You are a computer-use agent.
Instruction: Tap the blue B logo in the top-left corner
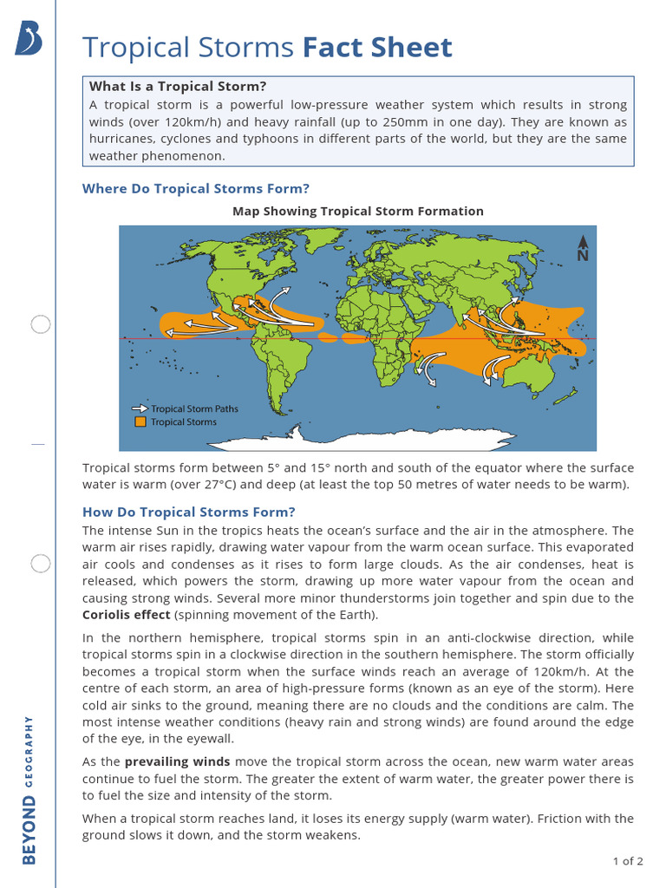tap(29, 39)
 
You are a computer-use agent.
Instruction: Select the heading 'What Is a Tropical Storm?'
tap(178, 86)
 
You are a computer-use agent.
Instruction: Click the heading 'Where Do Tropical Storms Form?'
tap(195, 188)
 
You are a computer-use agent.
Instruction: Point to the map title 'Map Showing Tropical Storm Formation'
tap(357, 211)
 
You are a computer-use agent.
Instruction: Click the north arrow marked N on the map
tap(583, 248)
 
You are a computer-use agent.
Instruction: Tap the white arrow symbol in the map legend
tap(140, 408)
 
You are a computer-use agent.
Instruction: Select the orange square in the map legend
tap(140, 422)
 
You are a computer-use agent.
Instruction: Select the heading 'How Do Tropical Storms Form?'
tap(188, 512)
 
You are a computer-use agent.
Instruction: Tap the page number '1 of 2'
tap(627, 861)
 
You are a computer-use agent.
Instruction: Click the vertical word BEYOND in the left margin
tap(29, 832)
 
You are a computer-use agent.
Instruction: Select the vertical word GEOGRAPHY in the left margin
tap(29, 751)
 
